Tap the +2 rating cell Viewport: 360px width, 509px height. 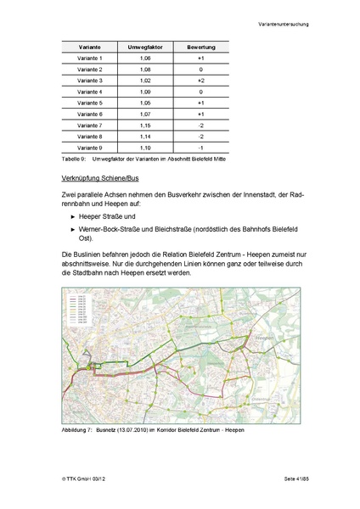[x=200, y=80]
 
